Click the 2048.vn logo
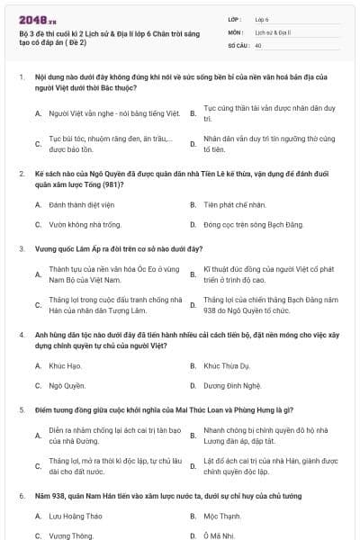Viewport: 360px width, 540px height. (x=32, y=19)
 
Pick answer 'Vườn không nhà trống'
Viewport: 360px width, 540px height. (x=78, y=224)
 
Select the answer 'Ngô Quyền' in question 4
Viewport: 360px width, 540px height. (x=67, y=385)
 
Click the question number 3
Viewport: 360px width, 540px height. (x=21, y=247)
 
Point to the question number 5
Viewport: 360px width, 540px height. (x=21, y=409)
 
